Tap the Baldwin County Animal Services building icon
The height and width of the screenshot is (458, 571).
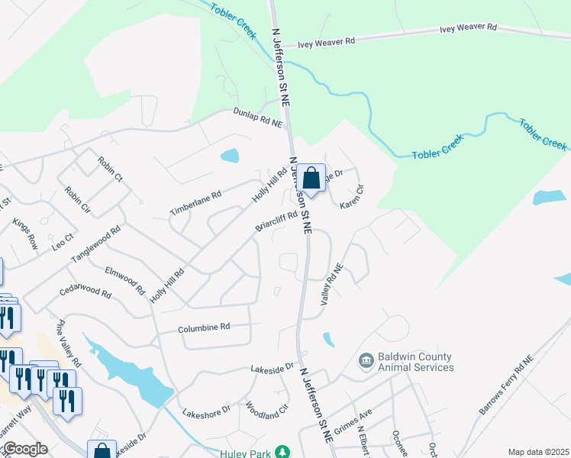tap(366, 359)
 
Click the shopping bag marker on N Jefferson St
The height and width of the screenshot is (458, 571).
tap(311, 179)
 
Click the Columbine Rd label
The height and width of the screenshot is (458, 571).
tap(204, 328)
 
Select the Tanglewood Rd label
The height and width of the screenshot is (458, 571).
tap(97, 244)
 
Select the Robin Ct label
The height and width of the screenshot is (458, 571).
tap(110, 169)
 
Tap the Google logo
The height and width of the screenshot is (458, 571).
tap(24, 449)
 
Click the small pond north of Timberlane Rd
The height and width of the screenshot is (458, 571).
tap(229, 156)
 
